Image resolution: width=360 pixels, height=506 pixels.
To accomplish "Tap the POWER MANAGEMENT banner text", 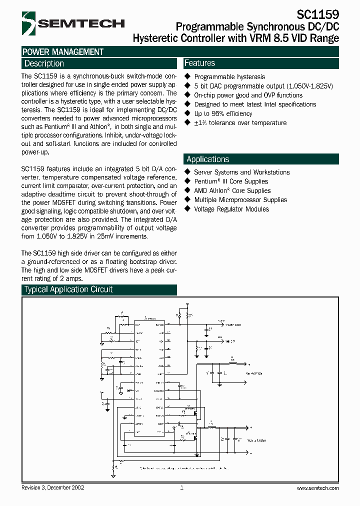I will pyautogui.click(x=63, y=51).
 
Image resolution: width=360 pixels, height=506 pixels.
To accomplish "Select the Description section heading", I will pyautogui.click(x=44, y=63).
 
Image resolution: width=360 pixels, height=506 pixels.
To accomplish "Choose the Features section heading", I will pyautogui.click(x=200, y=63).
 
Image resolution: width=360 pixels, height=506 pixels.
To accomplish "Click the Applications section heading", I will pyautogui.click(x=207, y=159).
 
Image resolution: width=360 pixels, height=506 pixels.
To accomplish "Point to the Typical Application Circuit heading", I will pyautogui.click(x=68, y=289).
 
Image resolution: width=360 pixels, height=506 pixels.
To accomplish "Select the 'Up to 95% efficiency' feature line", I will pyautogui.click(x=223, y=113).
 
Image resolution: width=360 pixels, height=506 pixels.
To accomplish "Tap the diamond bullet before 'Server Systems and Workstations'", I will pyautogui.click(x=188, y=172).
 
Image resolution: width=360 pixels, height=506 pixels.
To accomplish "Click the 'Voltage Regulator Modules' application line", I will pyautogui.click(x=231, y=209).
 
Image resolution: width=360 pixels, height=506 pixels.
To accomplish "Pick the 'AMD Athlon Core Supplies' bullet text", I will pyautogui.click(x=232, y=190).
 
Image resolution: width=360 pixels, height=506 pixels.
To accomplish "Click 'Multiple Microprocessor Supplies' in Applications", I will pyautogui.click(x=240, y=199).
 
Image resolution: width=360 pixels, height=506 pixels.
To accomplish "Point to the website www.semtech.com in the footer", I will pyautogui.click(x=317, y=488).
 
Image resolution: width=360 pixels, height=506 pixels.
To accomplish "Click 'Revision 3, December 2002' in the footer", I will pyautogui.click(x=53, y=487).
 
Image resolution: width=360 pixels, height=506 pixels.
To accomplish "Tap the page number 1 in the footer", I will pyautogui.click(x=181, y=487).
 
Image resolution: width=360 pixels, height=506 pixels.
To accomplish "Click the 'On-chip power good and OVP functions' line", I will pyautogui.click(x=248, y=95).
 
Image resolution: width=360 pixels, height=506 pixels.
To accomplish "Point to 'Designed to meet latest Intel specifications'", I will pyautogui.click(x=255, y=104).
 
